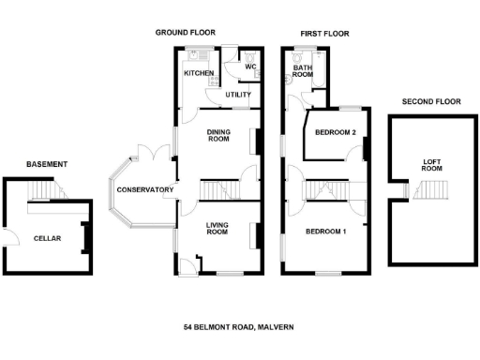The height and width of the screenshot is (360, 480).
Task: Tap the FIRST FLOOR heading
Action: coord(324,33)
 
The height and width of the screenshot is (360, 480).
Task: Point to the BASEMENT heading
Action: coord(46,164)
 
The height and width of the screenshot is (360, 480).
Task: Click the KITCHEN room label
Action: coord(198,73)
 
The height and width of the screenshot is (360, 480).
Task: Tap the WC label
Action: coord(250,67)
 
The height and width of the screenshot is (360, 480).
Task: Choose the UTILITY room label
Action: coord(238,95)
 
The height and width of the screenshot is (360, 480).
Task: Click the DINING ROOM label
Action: coord(218,135)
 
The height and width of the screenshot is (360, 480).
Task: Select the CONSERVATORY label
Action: coord(145,190)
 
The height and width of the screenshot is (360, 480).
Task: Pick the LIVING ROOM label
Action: coord(217,228)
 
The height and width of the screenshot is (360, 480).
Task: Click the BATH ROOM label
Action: coord(302,71)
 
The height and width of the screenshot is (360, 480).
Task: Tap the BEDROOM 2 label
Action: coord(335,133)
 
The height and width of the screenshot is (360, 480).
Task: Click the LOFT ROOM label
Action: coord(432,165)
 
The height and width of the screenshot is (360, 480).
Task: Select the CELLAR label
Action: coord(47,239)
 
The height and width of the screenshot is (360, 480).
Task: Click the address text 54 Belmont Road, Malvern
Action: coord(239,327)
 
